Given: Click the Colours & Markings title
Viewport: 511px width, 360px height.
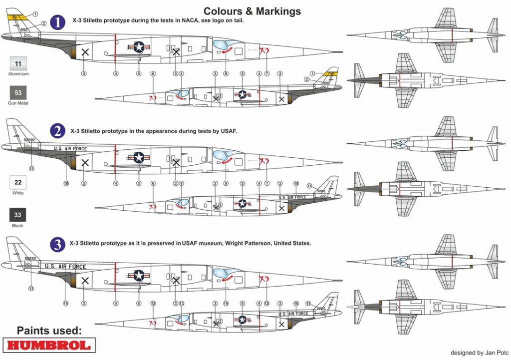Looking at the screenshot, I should [x=252, y=10].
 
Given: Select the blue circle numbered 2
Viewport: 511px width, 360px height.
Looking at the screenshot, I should [x=58, y=131].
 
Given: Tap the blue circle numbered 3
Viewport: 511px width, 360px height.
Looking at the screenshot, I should [x=59, y=244].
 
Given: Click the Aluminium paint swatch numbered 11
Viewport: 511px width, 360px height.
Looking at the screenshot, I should [x=18, y=64].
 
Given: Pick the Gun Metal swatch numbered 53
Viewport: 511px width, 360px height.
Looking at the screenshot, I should [x=18, y=93].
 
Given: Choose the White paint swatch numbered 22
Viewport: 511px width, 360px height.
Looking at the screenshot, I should [x=18, y=183].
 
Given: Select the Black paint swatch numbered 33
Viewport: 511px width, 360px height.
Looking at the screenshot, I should [x=18, y=215].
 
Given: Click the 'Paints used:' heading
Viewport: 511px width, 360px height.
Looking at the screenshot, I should [x=49, y=331].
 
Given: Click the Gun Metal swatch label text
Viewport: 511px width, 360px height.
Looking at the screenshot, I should [x=18, y=103].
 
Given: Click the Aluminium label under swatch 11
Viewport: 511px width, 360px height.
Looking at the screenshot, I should [x=18, y=74].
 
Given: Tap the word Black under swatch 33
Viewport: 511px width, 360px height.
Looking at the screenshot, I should [x=18, y=226].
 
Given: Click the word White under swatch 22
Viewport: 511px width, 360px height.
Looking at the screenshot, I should [x=18, y=193].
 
